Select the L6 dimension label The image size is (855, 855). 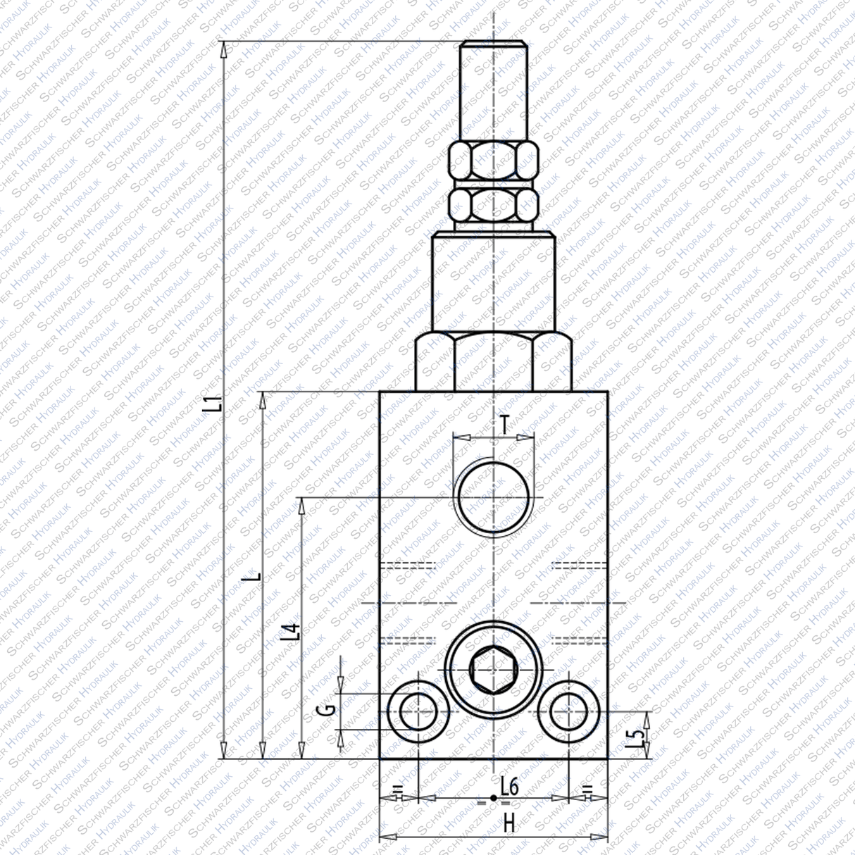pyautogui.click(x=509, y=787)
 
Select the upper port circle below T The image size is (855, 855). pyautogui.click(x=492, y=497)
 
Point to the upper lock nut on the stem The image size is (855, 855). pyautogui.click(x=494, y=161)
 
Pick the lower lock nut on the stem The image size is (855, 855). pyautogui.click(x=494, y=205)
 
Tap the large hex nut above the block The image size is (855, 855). pyautogui.click(x=494, y=363)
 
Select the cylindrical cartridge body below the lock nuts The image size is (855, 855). pyautogui.click(x=494, y=282)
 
